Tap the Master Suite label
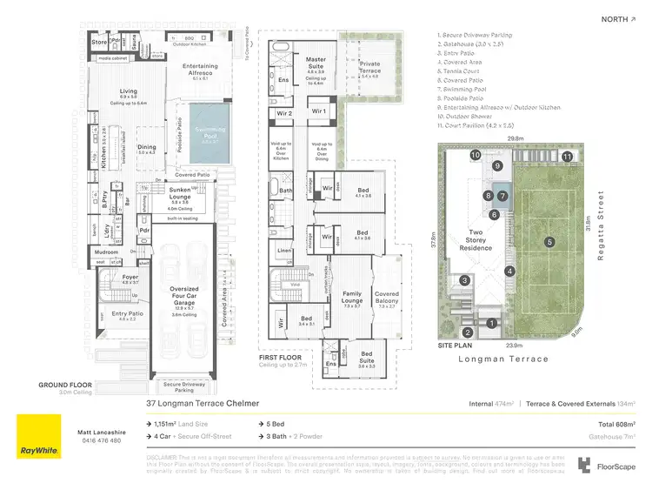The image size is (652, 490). coord(316,64)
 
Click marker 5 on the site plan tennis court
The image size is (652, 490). coord(549,241)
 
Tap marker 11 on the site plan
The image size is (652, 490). coord(567,157)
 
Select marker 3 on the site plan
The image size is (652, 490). coord(465,280)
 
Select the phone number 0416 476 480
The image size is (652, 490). coord(103,440)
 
